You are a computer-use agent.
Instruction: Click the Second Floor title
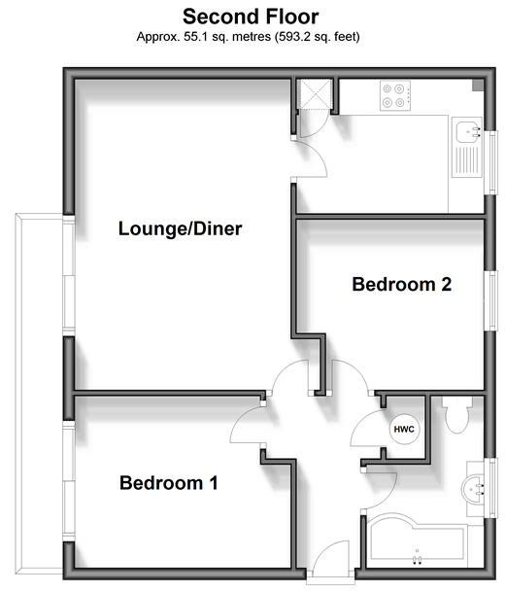tap(251, 17)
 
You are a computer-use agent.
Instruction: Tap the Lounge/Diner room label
tap(180, 228)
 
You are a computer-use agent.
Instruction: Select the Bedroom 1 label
tap(169, 483)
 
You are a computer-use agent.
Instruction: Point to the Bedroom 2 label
tap(402, 284)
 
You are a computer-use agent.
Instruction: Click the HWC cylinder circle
tap(404, 430)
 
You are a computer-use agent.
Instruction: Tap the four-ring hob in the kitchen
tap(395, 95)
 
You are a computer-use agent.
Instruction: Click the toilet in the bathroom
tap(457, 414)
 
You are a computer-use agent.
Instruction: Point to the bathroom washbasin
tap(473, 490)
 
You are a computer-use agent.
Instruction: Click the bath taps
tap(417, 559)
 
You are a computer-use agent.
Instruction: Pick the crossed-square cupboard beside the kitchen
tap(315, 94)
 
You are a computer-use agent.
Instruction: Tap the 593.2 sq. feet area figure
tap(317, 37)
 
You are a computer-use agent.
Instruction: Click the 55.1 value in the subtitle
tap(194, 37)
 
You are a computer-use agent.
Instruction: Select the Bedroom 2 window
tap(493, 300)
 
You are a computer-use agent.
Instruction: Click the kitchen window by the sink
tap(493, 162)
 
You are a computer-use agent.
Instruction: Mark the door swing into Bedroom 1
tap(248, 424)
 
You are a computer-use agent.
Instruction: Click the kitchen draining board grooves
tap(467, 159)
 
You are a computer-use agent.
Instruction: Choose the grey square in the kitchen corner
tap(478, 86)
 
